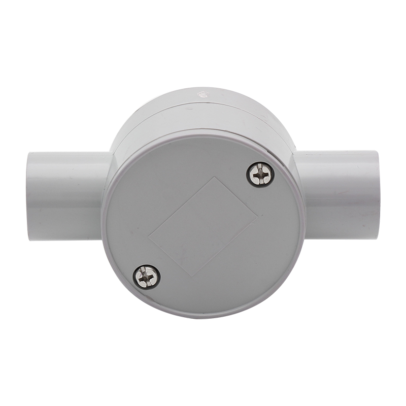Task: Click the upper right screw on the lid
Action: click(x=260, y=174)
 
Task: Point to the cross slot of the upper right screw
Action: click(x=260, y=174)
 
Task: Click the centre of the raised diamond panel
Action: click(x=203, y=226)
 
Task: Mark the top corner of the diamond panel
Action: click(x=216, y=177)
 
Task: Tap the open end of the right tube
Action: click(x=377, y=195)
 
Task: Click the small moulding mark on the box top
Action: click(x=202, y=93)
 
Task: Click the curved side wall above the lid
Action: click(x=203, y=114)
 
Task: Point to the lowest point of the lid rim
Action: click(x=203, y=318)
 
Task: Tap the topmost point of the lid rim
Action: click(x=203, y=130)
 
